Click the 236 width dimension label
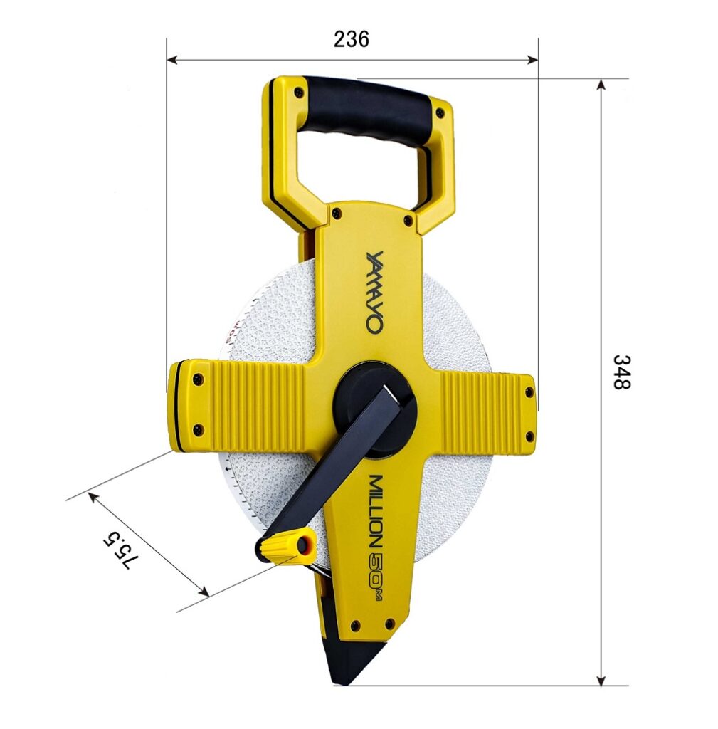tap(352, 39)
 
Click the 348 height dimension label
tap(621, 372)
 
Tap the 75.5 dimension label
tap(121, 550)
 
